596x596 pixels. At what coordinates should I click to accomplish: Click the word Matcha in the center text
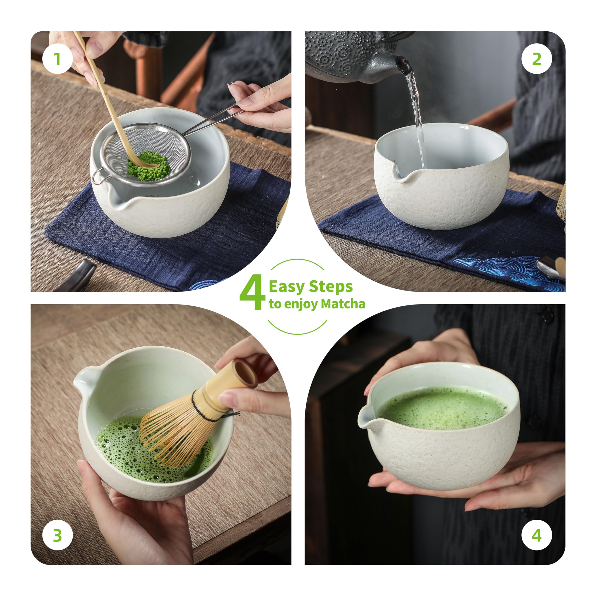(343, 304)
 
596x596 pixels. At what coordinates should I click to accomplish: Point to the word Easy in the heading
(287, 287)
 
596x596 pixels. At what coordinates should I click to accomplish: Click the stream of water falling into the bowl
(417, 117)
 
